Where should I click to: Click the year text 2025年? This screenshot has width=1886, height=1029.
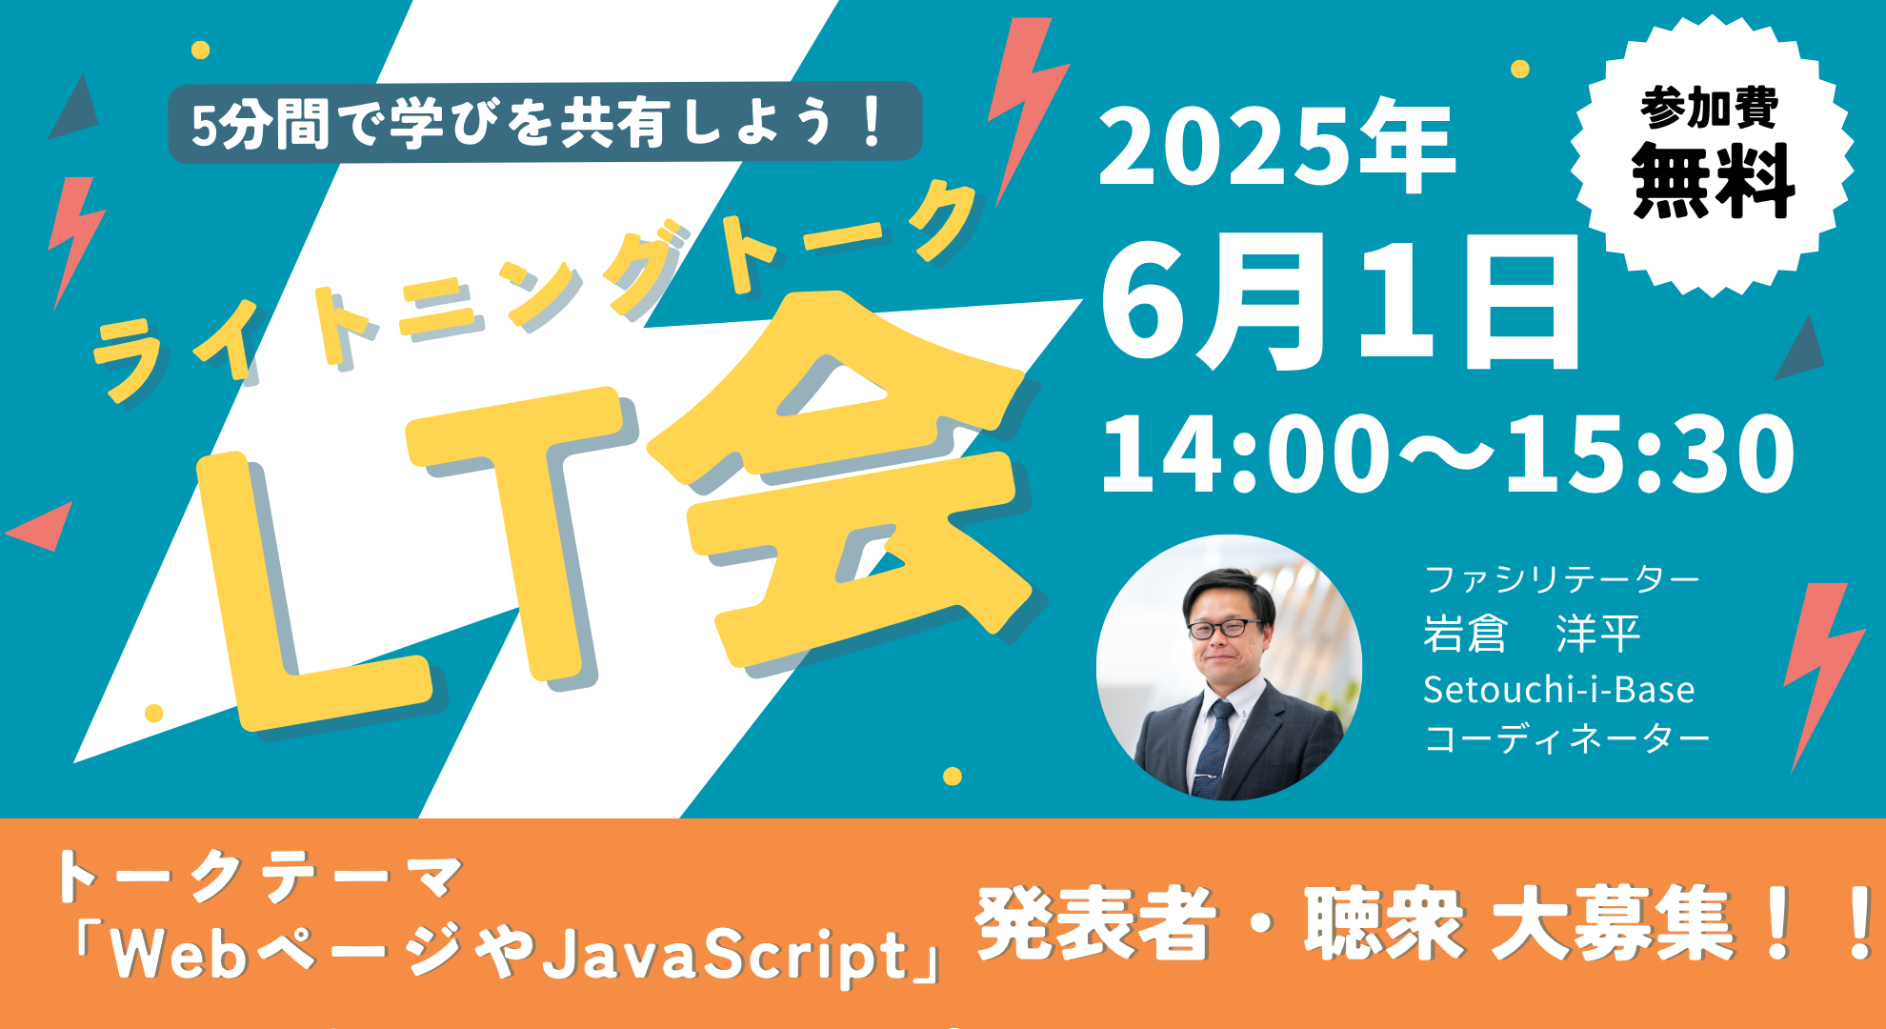(x=1276, y=148)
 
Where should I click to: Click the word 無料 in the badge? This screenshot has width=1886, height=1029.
(x=1713, y=181)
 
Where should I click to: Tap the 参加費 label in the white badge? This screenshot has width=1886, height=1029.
(x=1710, y=108)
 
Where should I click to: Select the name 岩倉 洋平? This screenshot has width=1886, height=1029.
(x=1532, y=634)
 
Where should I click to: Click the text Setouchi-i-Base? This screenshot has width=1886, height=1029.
(x=1558, y=690)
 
